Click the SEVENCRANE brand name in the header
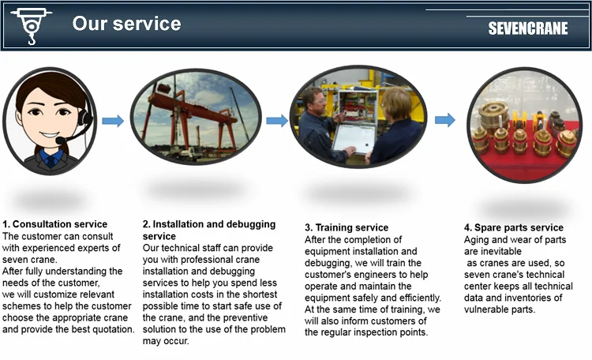[528, 28]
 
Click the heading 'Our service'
[126, 24]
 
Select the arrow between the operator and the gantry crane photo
[113, 121]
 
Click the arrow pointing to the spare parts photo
[445, 120]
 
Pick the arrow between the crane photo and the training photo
[277, 121]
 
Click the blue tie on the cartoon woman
[51, 161]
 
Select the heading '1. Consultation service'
[54, 224]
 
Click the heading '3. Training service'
[347, 227]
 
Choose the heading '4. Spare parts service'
[514, 227]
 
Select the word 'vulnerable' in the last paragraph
[486, 309]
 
